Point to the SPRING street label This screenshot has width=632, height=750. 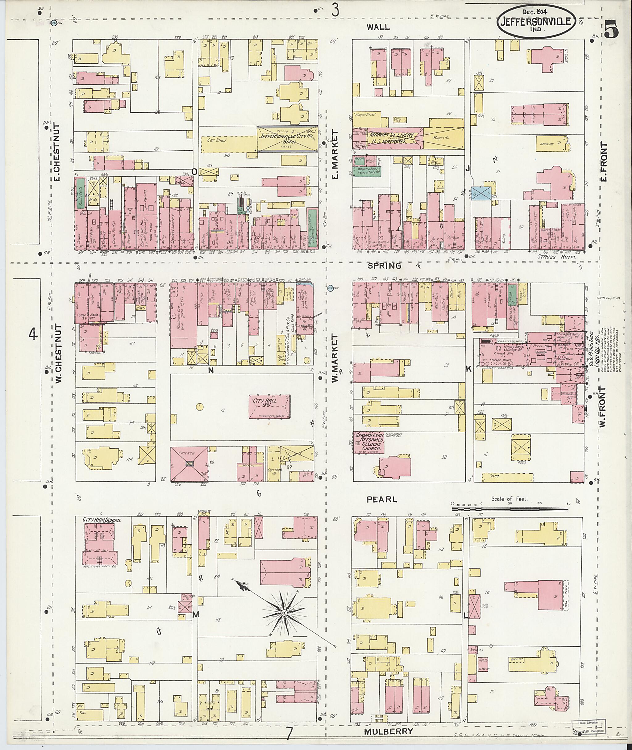pos(385,266)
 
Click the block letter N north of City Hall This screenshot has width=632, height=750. pos(211,371)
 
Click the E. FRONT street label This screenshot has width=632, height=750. pos(605,162)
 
